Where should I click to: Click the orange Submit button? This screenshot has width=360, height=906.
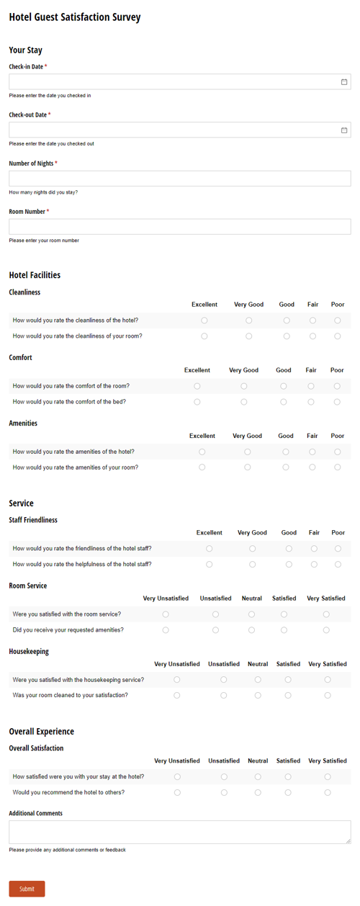tap(27, 888)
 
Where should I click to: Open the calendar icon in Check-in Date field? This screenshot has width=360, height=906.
tap(344, 82)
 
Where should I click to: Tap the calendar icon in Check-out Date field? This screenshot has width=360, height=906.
tap(344, 130)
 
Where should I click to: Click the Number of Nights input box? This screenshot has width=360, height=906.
tap(180, 179)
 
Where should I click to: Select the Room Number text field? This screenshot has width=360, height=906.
tap(180, 227)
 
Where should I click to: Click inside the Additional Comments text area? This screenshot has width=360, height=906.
tap(180, 832)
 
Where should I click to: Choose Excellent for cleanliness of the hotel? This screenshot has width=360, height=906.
tap(204, 320)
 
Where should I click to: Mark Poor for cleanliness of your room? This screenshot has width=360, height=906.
tap(338, 336)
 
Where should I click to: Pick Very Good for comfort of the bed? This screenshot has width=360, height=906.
tap(244, 402)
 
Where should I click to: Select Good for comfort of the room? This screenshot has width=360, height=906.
tap(284, 386)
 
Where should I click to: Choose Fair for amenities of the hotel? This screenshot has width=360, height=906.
tap(312, 452)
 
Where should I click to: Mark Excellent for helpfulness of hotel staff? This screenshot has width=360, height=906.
tap(210, 565)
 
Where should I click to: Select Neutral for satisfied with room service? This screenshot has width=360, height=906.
tap(251, 614)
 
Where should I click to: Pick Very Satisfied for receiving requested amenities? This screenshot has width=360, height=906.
tap(326, 630)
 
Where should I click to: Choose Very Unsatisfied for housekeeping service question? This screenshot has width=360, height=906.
tap(177, 680)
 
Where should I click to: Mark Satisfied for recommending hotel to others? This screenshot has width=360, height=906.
tap(288, 793)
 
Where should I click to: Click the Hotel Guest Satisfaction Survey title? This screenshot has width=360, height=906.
tap(75, 17)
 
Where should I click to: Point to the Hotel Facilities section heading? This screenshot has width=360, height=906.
tap(35, 275)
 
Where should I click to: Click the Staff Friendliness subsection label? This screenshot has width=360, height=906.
tap(33, 520)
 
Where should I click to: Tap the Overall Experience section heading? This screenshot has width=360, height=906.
tap(41, 732)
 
